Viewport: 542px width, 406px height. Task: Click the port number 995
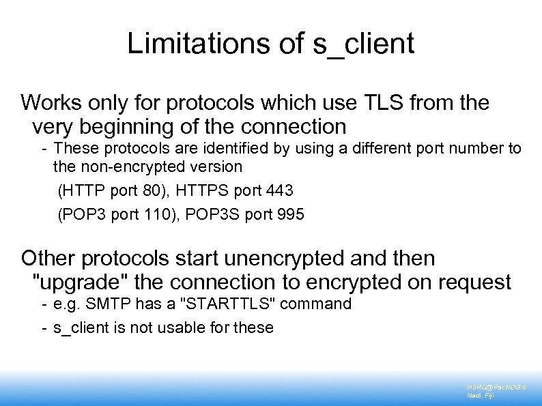coord(290,214)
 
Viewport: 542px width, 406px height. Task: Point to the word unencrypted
coord(287,259)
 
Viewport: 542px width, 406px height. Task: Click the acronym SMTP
coord(100,304)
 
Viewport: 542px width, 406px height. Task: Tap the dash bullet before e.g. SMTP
coord(44,304)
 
